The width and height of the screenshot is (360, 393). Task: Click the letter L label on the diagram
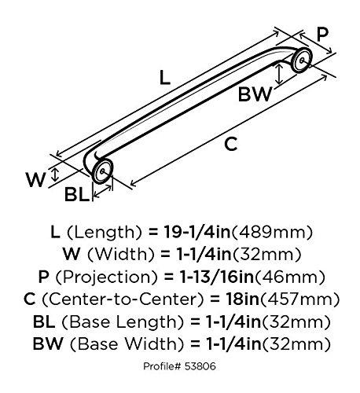pyautogui.click(x=165, y=78)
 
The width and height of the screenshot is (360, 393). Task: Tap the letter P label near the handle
pyautogui.click(x=322, y=35)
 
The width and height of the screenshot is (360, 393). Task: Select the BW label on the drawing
pyautogui.click(x=255, y=94)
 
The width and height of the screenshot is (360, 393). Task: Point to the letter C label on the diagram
pyautogui.click(x=231, y=144)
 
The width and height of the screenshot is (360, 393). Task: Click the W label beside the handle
pyautogui.click(x=35, y=180)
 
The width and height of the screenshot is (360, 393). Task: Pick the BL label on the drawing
pyautogui.click(x=77, y=194)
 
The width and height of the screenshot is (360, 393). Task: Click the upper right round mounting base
pyautogui.click(x=302, y=60)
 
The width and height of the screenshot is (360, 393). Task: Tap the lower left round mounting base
pyautogui.click(x=102, y=171)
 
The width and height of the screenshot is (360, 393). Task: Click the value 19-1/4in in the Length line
pyautogui.click(x=197, y=232)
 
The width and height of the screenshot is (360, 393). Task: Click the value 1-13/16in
pyautogui.click(x=216, y=277)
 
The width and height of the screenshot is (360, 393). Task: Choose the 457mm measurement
pyautogui.click(x=299, y=299)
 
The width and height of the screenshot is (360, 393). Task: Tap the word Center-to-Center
pyautogui.click(x=123, y=299)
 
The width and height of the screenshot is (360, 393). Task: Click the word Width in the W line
pyautogui.click(x=121, y=255)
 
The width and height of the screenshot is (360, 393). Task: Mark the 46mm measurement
pyautogui.click(x=290, y=277)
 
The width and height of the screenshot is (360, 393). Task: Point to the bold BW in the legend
pyautogui.click(x=48, y=343)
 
